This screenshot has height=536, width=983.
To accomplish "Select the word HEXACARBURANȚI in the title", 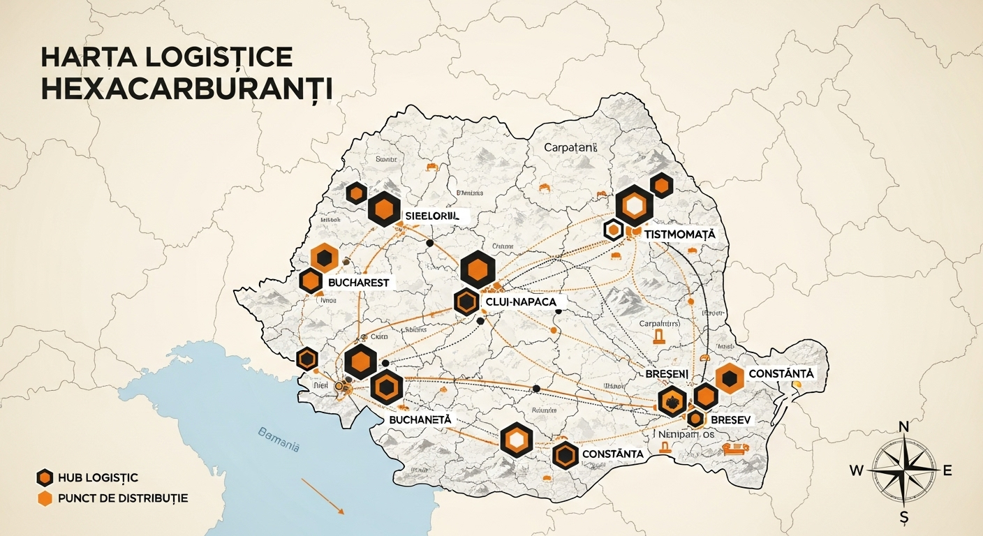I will click(186, 91).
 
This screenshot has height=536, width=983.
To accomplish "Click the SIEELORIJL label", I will click(433, 216).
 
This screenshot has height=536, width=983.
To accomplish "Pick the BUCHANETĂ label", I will click(420, 420).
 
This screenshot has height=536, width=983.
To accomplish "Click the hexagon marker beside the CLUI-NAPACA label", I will click(466, 302).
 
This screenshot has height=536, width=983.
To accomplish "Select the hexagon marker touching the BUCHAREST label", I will click(311, 281).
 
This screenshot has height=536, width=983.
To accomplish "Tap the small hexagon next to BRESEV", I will click(695, 419).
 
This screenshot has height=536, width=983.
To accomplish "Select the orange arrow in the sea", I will click(323, 496).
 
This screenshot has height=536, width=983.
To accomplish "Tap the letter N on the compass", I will click(903, 427).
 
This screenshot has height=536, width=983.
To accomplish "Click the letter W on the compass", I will click(856, 470).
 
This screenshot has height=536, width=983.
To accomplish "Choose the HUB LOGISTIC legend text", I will click(98, 477).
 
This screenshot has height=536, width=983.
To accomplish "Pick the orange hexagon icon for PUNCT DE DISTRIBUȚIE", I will click(45, 498).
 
